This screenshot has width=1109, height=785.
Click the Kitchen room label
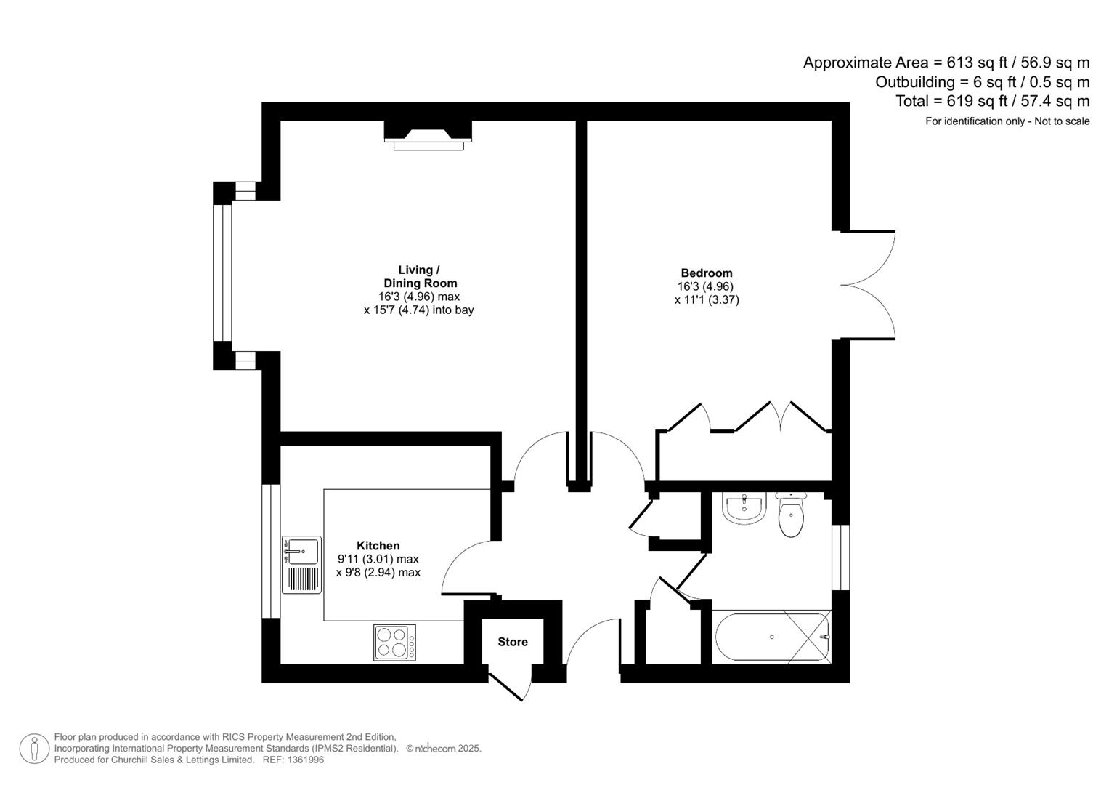(x=378, y=546)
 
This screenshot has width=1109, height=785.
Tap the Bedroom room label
(x=707, y=273)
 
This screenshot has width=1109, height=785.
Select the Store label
(x=513, y=642)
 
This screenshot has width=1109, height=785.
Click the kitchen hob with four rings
(x=394, y=643)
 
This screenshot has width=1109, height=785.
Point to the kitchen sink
(x=301, y=565)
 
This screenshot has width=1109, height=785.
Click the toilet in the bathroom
(x=791, y=515)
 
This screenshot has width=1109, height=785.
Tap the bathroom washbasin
(x=744, y=507)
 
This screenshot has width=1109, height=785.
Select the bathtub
(x=772, y=637)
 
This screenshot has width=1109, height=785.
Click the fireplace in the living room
(x=428, y=135)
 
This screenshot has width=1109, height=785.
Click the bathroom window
(x=841, y=557)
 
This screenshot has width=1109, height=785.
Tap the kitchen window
(x=271, y=551)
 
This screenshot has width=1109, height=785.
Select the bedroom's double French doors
(x=868, y=286)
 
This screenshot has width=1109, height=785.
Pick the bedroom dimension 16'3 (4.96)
(x=705, y=286)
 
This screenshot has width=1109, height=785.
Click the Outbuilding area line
(x=982, y=81)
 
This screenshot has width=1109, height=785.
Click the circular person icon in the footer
(x=34, y=749)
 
